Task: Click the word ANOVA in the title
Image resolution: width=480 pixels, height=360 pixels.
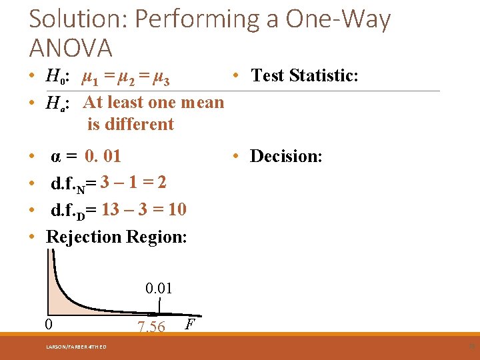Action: [x=71, y=48]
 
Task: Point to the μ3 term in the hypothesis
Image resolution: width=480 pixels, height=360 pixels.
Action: [x=161, y=80]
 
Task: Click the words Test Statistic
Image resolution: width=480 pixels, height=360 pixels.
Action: [x=305, y=75]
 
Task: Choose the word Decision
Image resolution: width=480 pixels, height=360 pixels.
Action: [x=286, y=156]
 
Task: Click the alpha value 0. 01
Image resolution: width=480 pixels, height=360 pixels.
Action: [x=103, y=156]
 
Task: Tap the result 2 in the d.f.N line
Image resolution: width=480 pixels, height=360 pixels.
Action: [x=162, y=183]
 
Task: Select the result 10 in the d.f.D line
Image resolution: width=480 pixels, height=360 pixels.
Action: [x=177, y=209]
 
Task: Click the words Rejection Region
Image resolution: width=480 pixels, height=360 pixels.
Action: [x=116, y=237]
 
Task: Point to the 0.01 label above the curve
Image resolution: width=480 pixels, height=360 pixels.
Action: [x=159, y=289]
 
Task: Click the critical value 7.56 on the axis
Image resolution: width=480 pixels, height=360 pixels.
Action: [x=151, y=327]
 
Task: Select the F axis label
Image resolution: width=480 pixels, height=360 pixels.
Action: [x=190, y=325]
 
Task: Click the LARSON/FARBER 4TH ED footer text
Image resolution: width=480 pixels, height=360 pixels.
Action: [x=75, y=346]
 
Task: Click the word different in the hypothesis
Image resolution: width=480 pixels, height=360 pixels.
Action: [x=131, y=124]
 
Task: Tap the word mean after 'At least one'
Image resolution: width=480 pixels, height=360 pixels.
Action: [x=202, y=102]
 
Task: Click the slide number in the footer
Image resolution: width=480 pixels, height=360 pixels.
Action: [x=471, y=346]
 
